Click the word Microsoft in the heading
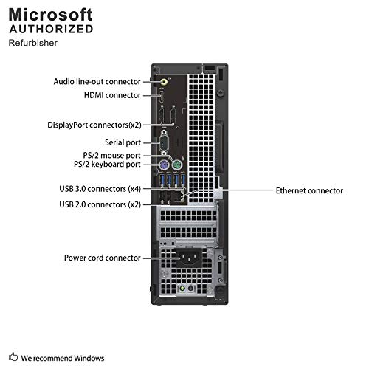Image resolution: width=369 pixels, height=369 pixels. coord(51,15)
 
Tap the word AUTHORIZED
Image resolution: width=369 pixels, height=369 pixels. coord(51,29)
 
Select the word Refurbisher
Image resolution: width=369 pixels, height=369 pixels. coord(33,43)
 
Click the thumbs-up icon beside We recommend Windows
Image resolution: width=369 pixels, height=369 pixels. coord(13,356)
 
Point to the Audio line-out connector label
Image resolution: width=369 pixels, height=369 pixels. coord(97,81)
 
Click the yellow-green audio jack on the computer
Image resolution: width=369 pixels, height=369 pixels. coord(164,81)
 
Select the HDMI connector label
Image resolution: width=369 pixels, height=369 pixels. coord(112,95)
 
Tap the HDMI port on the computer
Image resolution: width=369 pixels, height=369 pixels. coord(162,97)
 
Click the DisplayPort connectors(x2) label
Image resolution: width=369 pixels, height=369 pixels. coord(94,125)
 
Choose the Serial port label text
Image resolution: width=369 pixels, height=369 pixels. coord(123,142)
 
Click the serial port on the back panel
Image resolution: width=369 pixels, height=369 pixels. coord(164,142)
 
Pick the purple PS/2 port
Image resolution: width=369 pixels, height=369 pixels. coord(164,165)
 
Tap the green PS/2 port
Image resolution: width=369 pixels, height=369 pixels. coord(177,165)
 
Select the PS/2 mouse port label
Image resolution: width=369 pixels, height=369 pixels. coord(111,156)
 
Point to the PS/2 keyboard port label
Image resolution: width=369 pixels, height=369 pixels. coord(107,164)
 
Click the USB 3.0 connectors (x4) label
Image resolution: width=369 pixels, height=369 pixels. coord(100,189)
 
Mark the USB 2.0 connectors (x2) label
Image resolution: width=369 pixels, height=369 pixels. coord(100,204)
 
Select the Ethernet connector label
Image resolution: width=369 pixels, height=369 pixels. coord(309,190)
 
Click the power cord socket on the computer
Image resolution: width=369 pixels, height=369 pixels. coord(190,258)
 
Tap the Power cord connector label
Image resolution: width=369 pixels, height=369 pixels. coord(103,258)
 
